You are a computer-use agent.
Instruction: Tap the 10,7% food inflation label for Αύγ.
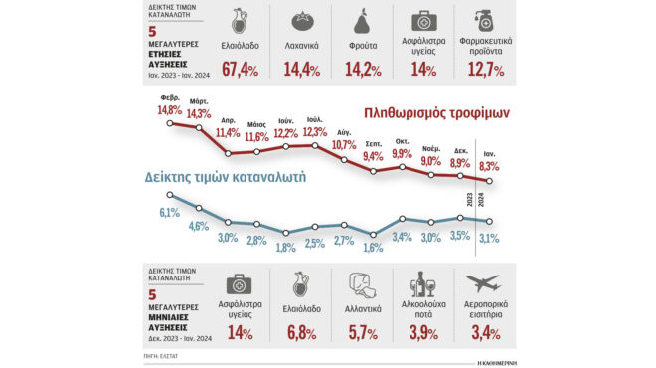coord(344,145)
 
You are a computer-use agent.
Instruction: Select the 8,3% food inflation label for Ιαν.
coord(489,167)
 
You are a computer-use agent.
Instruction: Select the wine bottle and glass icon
coord(426,285)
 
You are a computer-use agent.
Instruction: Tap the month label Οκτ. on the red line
coord(402,140)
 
